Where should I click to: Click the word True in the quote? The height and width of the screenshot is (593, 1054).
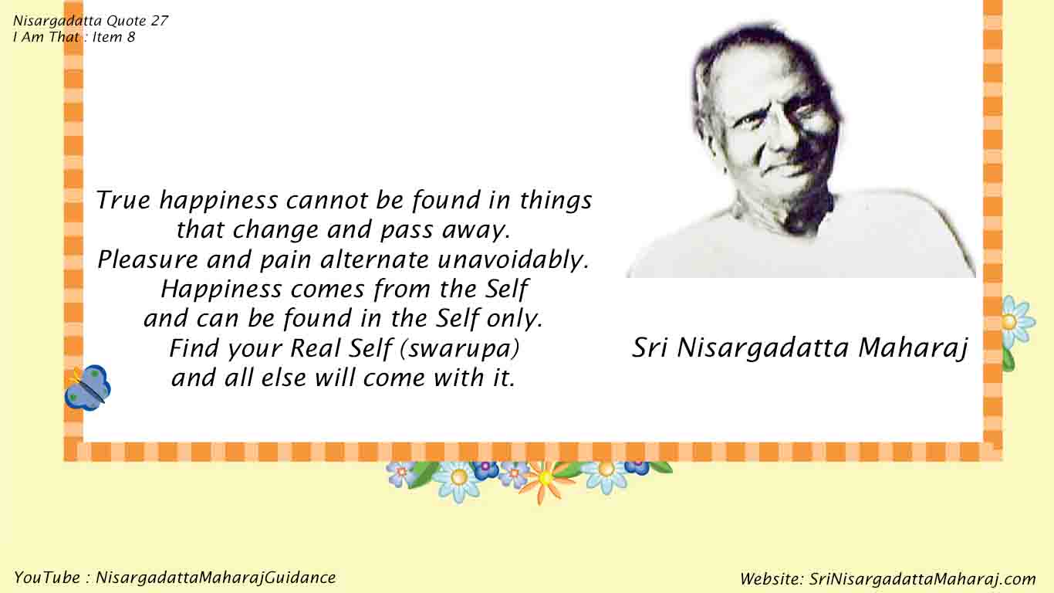(x=123, y=200)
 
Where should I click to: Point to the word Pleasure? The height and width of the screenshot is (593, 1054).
(x=147, y=259)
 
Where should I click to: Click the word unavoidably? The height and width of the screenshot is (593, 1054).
(x=513, y=260)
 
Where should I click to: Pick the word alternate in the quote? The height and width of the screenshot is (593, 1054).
(x=374, y=259)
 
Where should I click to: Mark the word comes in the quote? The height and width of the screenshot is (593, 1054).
(x=327, y=290)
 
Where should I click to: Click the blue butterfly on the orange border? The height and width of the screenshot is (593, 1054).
(x=88, y=387)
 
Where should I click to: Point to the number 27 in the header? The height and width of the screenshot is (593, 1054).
(x=160, y=21)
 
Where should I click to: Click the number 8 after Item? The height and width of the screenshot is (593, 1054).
(x=131, y=37)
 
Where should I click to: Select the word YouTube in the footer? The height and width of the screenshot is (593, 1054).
(x=47, y=578)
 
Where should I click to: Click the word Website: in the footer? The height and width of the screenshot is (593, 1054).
(x=772, y=579)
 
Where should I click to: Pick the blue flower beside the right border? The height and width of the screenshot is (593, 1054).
(x=1018, y=321)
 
